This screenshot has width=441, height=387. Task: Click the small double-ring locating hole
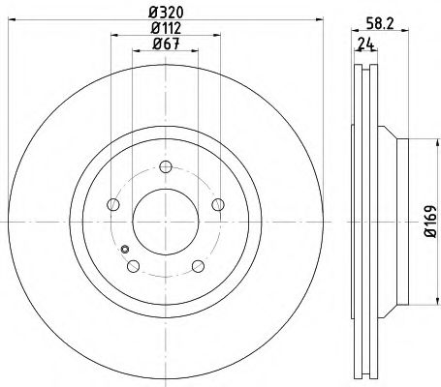tap(125, 250)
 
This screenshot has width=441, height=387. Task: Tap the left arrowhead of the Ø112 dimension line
tap(114, 37)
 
